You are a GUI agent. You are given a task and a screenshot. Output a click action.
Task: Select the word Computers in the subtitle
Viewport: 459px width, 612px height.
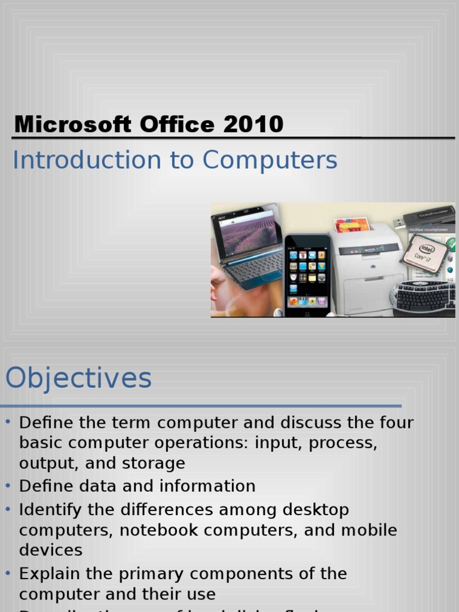pyautogui.click(x=270, y=160)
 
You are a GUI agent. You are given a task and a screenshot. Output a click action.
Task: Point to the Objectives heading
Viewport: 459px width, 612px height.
pyautogui.click(x=78, y=378)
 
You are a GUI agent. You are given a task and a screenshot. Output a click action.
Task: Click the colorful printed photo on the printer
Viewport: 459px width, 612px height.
pyautogui.click(x=351, y=225)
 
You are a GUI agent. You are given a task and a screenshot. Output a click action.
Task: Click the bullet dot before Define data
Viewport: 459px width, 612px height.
pyautogui.click(x=8, y=485)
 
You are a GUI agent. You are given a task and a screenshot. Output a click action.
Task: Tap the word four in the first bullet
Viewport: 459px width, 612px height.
pyautogui.click(x=394, y=423)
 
